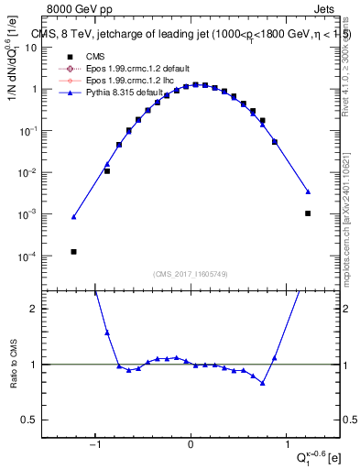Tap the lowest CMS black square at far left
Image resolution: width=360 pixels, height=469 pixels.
73,251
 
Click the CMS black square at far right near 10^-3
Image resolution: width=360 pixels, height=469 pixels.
308,213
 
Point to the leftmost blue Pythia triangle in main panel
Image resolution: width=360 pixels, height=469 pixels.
73,217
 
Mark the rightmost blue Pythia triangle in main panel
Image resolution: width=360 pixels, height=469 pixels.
308,191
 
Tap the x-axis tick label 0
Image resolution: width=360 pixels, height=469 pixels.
191,445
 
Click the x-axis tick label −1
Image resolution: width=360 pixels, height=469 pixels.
94,445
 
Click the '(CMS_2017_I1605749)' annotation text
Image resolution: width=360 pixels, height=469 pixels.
191,274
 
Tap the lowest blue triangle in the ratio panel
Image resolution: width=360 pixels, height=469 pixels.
263,383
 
